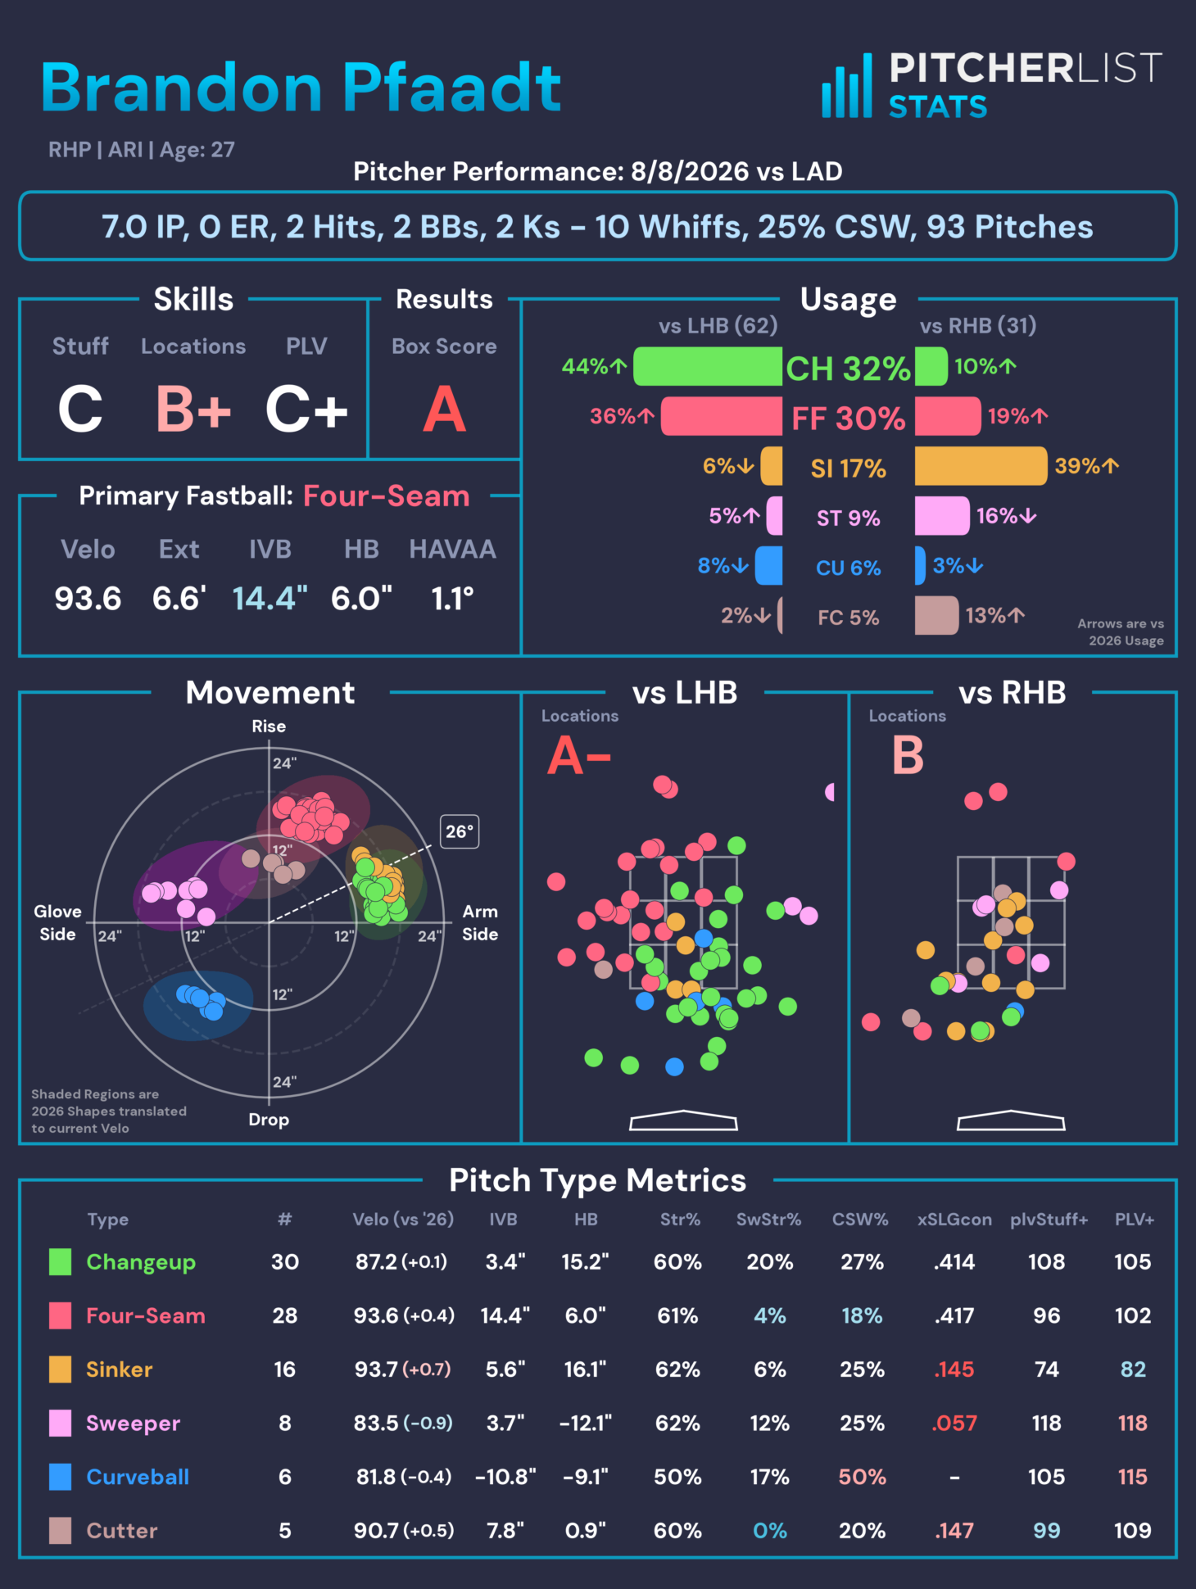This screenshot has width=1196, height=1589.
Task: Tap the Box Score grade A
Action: click(444, 410)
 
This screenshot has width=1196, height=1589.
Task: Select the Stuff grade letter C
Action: click(80, 410)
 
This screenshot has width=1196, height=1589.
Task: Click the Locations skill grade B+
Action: click(193, 410)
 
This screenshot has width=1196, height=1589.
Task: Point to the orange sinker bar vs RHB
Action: click(981, 466)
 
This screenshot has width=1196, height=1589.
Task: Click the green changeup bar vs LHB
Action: click(708, 366)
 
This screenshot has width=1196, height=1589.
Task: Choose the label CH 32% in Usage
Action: click(848, 369)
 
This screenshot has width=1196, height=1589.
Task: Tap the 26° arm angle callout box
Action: click(460, 831)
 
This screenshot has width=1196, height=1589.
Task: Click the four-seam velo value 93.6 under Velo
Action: click(88, 599)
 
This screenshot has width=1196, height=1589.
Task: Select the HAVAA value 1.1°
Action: click(452, 599)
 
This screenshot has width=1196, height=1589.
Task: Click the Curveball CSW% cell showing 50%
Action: click(862, 1477)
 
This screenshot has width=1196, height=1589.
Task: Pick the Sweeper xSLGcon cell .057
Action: click(954, 1423)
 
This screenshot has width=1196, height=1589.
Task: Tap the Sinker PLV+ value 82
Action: click(1133, 1369)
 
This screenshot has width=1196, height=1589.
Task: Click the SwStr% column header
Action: click(768, 1220)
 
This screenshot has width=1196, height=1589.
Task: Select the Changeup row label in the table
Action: click(141, 1262)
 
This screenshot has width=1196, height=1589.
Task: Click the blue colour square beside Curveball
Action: click(60, 1477)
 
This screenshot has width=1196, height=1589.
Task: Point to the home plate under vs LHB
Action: click(683, 1120)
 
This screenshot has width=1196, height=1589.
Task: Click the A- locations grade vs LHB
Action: click(579, 755)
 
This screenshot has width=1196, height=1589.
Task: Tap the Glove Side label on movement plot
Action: click(57, 922)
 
